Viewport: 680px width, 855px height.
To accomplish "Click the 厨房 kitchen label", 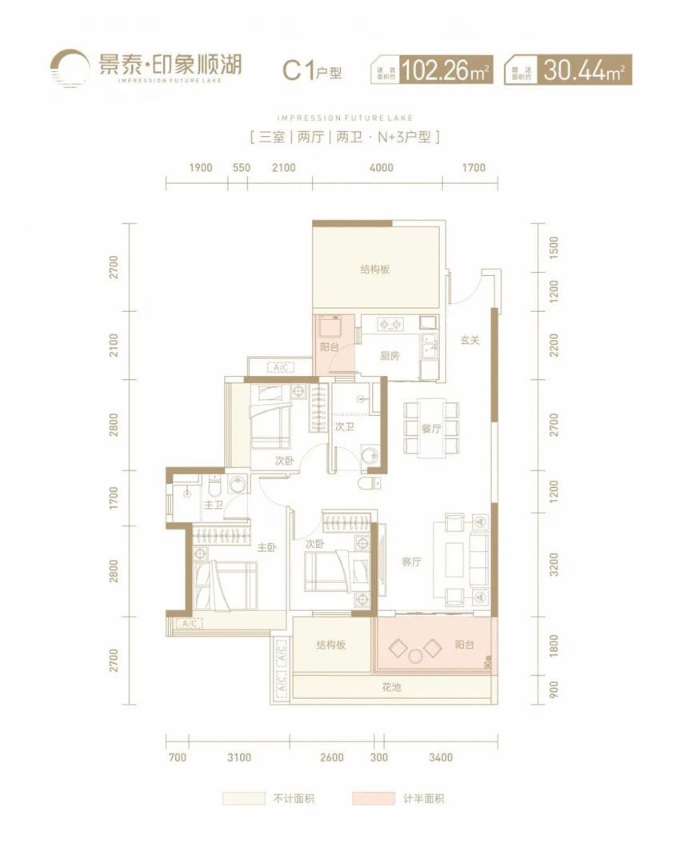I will coord(390,356).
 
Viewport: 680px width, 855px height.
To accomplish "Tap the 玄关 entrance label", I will coord(470,340).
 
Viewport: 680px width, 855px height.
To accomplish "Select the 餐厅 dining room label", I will coord(432,429).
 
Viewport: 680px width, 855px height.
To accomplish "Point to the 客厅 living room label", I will coord(411,562).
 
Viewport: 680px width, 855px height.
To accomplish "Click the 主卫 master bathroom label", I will coord(213,505).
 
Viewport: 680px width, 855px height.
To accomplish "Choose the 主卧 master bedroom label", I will coord(266,548).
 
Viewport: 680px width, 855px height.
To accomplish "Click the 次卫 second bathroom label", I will coord(345,428).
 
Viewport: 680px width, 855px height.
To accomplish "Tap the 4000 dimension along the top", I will coord(382,168).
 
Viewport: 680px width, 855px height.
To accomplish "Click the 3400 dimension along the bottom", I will coord(440,757).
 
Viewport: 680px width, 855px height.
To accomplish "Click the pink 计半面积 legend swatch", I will coord(373,798).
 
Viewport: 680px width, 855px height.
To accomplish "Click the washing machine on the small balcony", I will coord(329,328).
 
